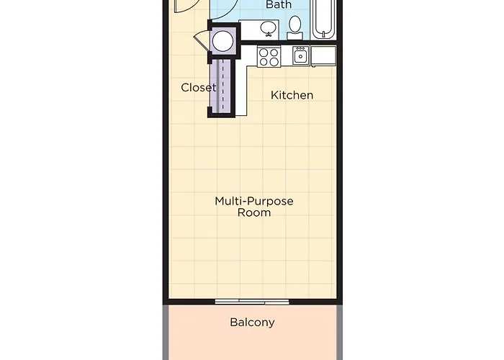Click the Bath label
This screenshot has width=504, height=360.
[279, 5]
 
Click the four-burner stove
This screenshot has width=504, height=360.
[269, 56]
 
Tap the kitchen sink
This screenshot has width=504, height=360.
[300, 55]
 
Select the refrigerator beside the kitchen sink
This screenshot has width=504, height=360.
[323, 55]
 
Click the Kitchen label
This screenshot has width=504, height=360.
[292, 95]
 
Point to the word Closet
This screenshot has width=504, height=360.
[198, 88]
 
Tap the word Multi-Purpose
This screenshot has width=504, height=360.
[254, 201]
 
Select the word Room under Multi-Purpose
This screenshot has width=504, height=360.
[254, 212]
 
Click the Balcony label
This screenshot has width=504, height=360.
[252, 322]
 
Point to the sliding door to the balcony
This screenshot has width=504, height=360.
[242, 300]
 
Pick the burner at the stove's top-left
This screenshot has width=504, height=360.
[264, 52]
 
